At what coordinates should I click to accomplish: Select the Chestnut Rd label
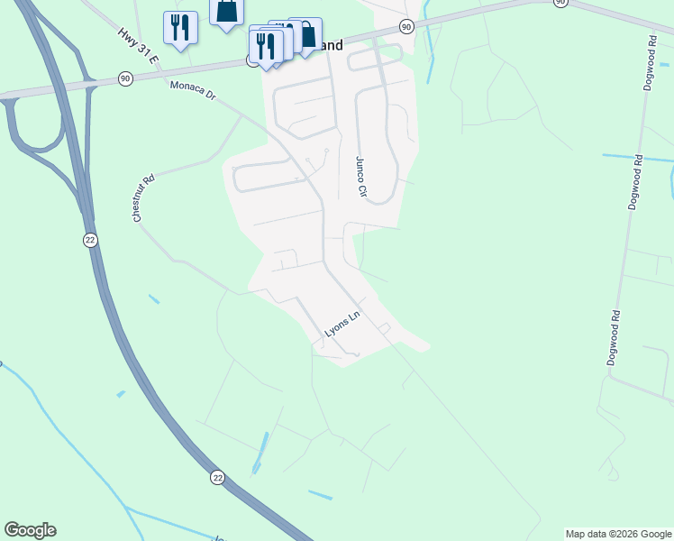point(144,198)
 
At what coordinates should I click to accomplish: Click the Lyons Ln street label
point(342,326)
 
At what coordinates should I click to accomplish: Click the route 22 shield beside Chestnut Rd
point(90,240)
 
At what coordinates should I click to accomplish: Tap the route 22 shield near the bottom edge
point(217,478)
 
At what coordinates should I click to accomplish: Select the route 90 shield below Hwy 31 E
point(124,79)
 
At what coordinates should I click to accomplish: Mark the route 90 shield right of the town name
point(406,28)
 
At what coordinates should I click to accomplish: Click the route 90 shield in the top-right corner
point(560,3)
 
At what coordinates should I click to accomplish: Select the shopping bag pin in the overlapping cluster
point(306,35)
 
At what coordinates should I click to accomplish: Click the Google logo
point(30,530)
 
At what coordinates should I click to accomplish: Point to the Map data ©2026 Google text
point(618,534)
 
